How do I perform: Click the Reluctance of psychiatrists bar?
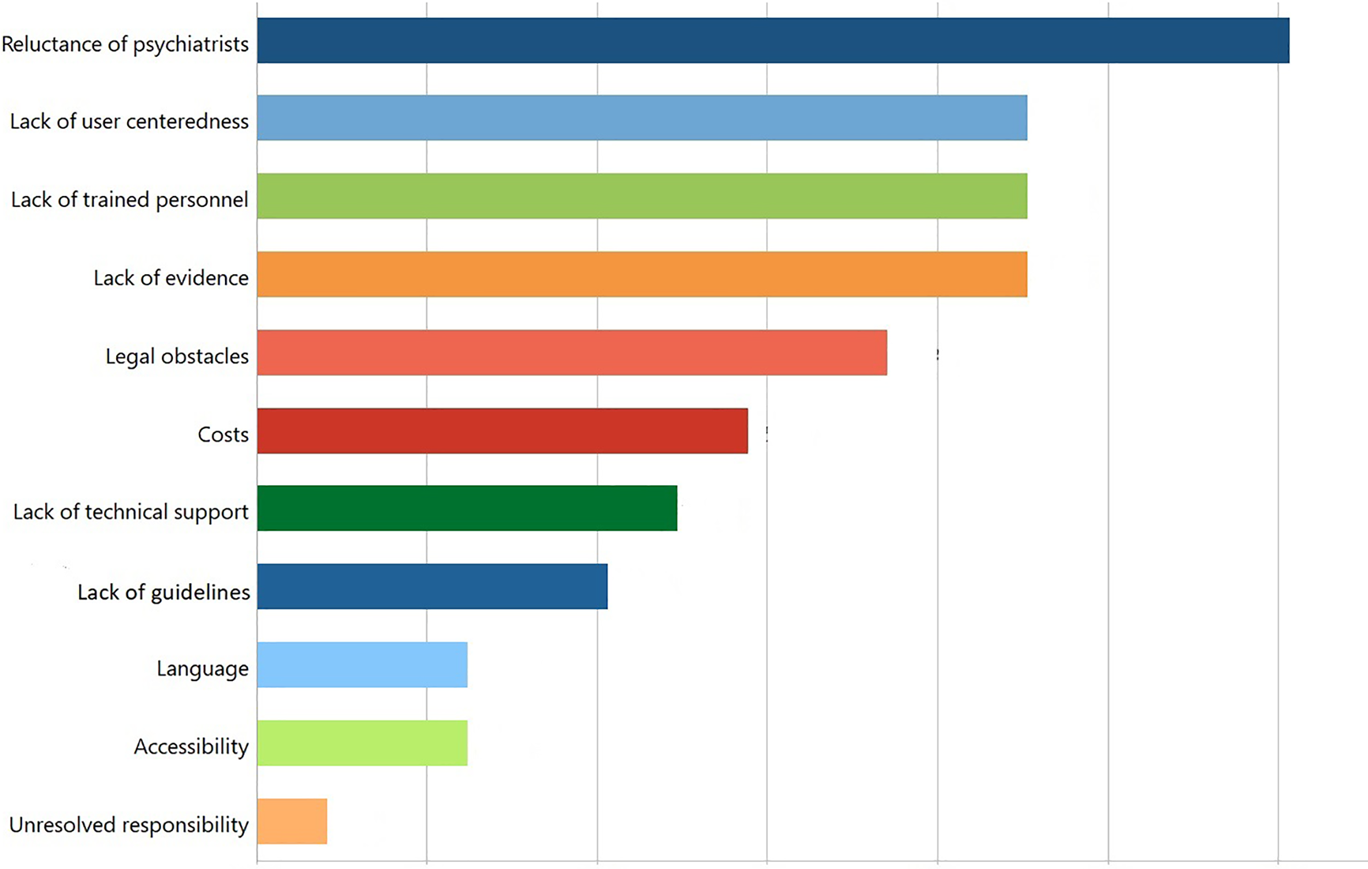772,40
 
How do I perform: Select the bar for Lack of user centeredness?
641,118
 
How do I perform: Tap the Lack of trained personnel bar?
641,196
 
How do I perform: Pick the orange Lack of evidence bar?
641,274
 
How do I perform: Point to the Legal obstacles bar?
572,352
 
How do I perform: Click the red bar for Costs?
502,431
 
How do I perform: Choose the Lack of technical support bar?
467,508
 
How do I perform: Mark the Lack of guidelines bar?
432,586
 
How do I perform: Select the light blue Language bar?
362,664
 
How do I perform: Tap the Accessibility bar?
362,743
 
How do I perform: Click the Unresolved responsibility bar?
291,821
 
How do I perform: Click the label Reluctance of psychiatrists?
125,43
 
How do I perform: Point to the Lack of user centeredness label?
129,121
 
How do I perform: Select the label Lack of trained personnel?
130,199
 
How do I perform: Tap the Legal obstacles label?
177,356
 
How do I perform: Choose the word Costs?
223,434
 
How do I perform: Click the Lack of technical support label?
130,512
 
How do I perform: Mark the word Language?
202,669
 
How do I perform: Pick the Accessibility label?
191,747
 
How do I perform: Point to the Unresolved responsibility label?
129,825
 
